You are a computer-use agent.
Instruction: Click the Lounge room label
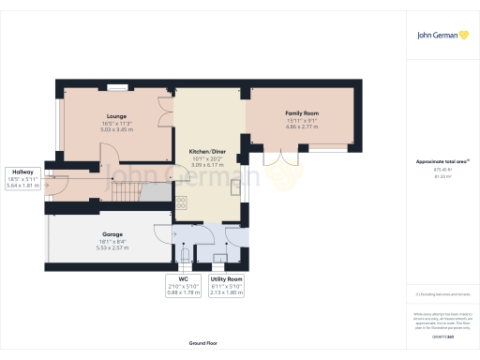tap(117, 116)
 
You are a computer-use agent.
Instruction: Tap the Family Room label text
tap(302, 112)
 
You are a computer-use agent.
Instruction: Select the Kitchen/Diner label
tap(207, 151)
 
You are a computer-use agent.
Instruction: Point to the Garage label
tap(112, 233)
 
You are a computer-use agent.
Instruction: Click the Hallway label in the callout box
tap(22, 172)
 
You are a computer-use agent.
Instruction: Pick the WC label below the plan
tap(184, 279)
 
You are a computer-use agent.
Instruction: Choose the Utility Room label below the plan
tap(227, 279)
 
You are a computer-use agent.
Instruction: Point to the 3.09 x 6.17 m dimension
tap(207, 165)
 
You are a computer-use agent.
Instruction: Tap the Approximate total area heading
tap(441, 161)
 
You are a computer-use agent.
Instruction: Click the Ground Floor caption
tap(203, 343)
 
